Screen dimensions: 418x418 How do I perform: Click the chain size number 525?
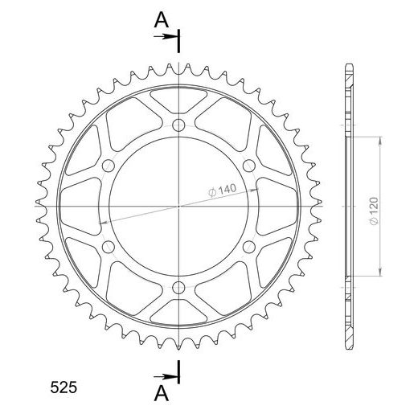[x=64, y=387]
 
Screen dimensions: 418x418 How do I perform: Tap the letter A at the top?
[x=162, y=20]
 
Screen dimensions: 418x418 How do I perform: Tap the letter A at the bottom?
[x=162, y=393]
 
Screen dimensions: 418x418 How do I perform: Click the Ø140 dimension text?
[x=222, y=191]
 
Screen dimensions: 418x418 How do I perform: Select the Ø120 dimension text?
[x=374, y=211]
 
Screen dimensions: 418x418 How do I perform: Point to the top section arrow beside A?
[x=165, y=36]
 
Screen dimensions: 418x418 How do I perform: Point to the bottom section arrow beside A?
[x=165, y=376]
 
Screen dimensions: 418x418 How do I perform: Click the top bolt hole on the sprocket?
[x=178, y=125]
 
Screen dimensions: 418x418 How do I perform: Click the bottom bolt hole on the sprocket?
[x=178, y=288]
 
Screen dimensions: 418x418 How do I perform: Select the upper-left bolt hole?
[x=109, y=166]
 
